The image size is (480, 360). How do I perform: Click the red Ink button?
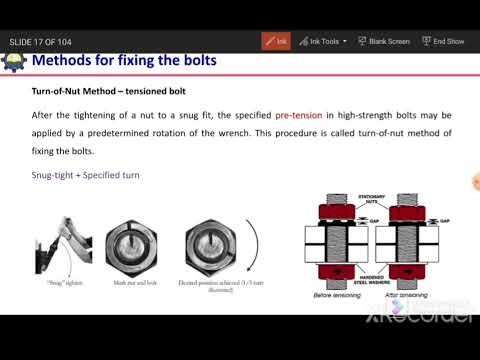[x=276, y=41]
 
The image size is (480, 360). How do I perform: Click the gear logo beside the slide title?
[x=13, y=62]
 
